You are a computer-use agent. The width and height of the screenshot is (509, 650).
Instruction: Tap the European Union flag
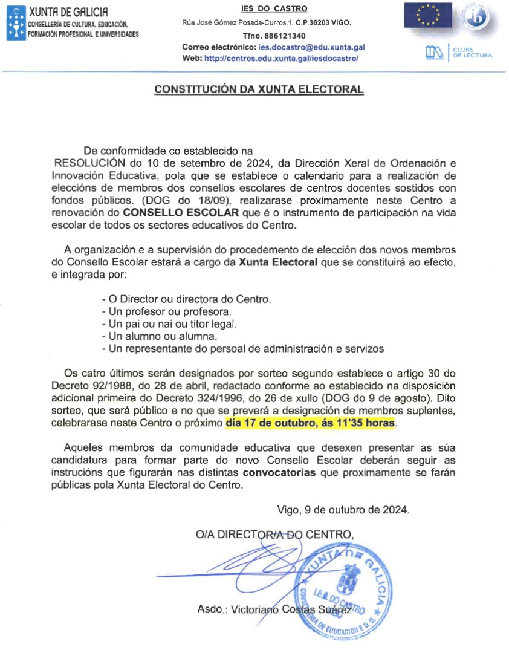pyautogui.click(x=428, y=15)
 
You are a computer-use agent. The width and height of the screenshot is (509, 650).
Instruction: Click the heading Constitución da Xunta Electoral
pyautogui.click(x=259, y=89)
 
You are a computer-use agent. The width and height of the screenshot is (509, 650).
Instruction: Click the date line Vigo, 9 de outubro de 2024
pyautogui.click(x=343, y=509)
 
